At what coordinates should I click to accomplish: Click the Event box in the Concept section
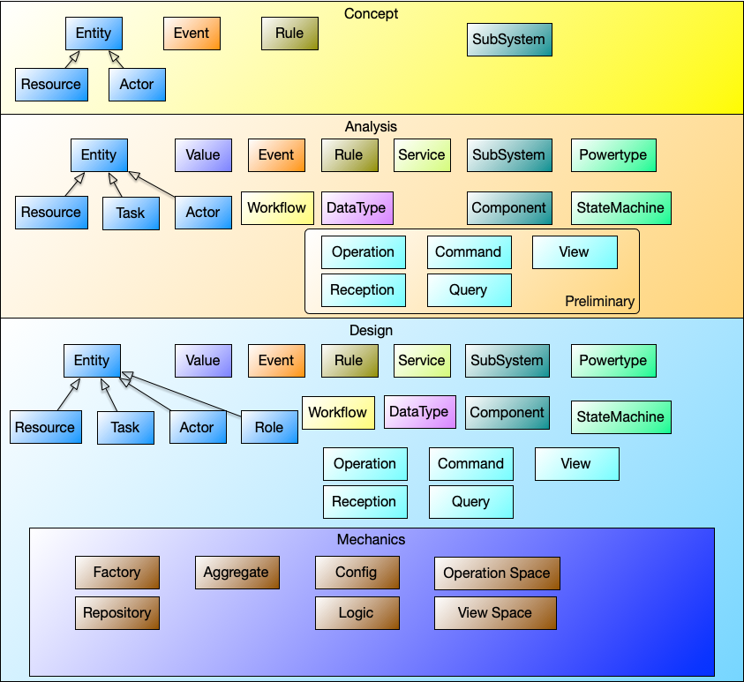pos(192,34)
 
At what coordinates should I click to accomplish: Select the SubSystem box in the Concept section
pos(509,39)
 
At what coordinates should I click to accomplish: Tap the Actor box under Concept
pos(137,85)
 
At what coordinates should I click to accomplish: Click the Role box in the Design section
pos(269,427)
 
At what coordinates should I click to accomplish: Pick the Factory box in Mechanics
pos(116,573)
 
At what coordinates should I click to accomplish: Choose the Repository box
pos(116,612)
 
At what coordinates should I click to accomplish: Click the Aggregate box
pos(236,573)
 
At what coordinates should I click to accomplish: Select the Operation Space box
pos(497,573)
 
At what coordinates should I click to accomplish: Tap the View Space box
pos(495,613)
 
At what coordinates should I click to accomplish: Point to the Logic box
pos(357,613)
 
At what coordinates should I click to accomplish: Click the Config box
pos(357,573)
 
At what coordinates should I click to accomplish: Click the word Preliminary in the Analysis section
pos(599,302)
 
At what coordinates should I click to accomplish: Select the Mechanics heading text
pos(371,539)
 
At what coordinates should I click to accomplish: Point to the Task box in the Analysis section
pos(131,213)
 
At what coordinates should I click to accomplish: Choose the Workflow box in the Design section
pos(337,412)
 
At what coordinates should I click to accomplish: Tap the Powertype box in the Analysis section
pos(613,155)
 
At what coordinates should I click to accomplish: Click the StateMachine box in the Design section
pos(620,416)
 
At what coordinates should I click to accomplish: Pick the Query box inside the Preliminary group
pos(469,290)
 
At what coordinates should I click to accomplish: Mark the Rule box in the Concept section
pos(289,34)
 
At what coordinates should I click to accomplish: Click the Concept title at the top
pos(371,13)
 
